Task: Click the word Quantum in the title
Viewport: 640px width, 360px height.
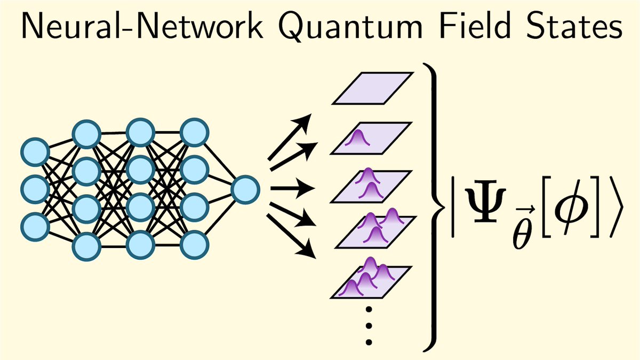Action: point(350,26)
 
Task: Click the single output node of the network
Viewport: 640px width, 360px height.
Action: point(245,190)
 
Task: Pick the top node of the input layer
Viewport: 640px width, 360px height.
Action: point(35,152)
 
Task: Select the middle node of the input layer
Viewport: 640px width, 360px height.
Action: point(35,189)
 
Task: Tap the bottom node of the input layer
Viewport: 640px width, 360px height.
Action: point(35,227)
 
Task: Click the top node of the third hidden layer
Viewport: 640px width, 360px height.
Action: point(194,133)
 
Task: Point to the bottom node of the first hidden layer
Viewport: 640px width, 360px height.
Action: point(86,246)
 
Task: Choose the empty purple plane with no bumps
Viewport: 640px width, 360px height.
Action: point(373,89)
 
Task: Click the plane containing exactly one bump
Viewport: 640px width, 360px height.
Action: point(371,138)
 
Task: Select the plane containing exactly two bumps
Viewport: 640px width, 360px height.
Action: point(371,187)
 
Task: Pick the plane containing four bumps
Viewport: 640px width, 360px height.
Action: point(371,282)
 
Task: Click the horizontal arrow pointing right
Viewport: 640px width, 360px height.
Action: point(293,188)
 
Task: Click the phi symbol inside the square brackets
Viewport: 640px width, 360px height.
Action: point(571,205)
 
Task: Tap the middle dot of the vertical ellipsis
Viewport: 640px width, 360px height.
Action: point(369,325)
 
